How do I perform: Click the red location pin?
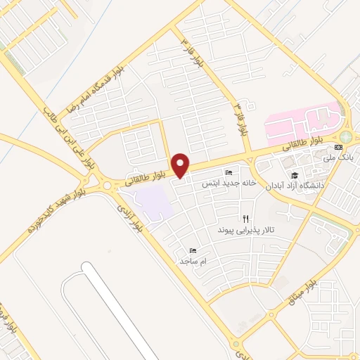tap(181, 166)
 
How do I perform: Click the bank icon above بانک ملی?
tap(339, 147)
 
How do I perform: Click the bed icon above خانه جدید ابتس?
tap(228, 173)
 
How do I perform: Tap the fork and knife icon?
tap(245, 218)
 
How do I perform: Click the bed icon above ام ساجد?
tap(193, 250)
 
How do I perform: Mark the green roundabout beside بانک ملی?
tap(346, 137)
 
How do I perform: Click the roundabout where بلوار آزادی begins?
tap(108, 186)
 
